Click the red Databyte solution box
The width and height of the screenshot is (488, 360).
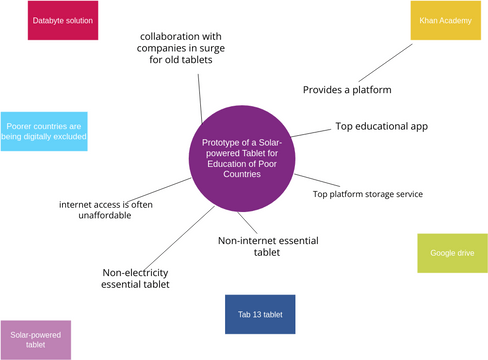click(63, 20)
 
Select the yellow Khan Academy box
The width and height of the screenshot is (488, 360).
click(439, 20)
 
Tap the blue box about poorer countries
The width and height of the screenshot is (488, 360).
click(44, 132)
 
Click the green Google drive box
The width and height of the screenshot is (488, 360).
click(444, 253)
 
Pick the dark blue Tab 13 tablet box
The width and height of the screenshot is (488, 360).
click(260, 314)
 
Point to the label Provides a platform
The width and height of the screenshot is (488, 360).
click(346, 90)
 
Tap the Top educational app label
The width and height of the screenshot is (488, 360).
click(380, 127)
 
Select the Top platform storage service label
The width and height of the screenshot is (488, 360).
click(367, 194)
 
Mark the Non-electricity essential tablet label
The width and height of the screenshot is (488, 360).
click(135, 278)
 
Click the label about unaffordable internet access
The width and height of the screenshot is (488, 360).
click(106, 209)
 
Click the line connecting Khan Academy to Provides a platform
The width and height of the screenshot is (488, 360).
click(384, 62)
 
